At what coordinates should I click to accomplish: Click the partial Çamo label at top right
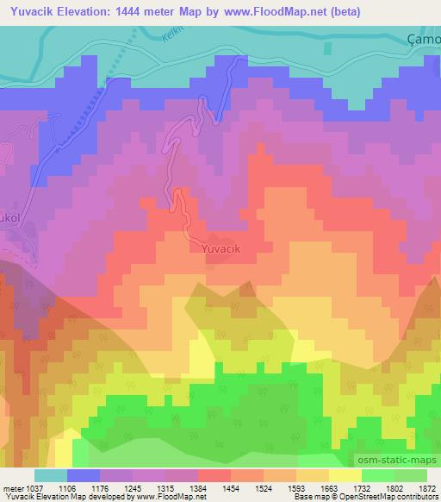pyautogui.click(x=423, y=40)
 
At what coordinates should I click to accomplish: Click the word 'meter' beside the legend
pyautogui.click(x=16, y=487)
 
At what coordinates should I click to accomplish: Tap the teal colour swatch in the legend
pyautogui.click(x=50, y=475)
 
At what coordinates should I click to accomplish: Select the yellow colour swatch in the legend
pyautogui.click(x=345, y=475)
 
